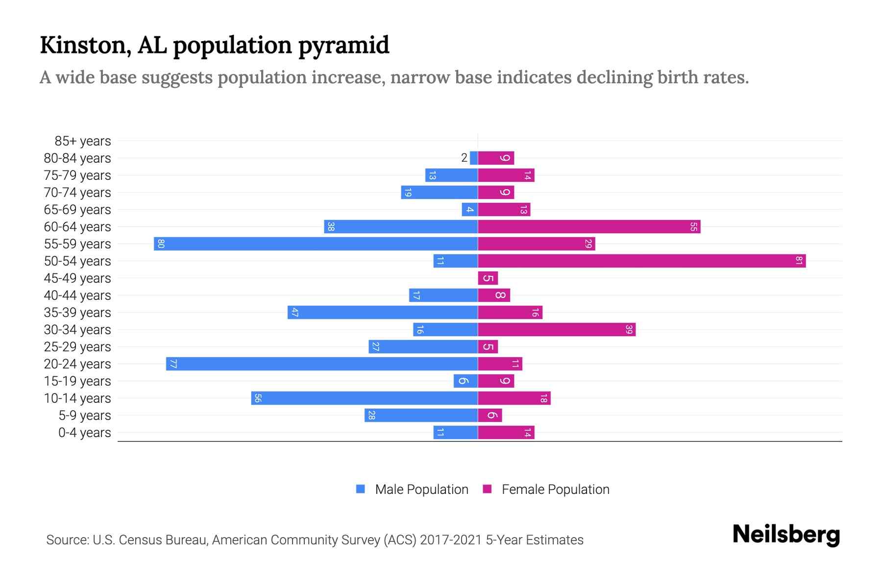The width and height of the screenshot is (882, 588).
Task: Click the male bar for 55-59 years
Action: pyautogui.click(x=316, y=244)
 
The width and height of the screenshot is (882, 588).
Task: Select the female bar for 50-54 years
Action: pyautogui.click(x=642, y=261)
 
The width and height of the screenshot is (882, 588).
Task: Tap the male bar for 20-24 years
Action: pyautogui.click(x=322, y=364)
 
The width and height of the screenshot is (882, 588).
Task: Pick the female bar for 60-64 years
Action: pyautogui.click(x=589, y=226)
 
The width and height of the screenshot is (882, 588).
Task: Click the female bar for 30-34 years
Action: pyautogui.click(x=557, y=329)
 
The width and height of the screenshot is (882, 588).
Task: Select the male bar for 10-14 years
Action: pyautogui.click(x=365, y=398)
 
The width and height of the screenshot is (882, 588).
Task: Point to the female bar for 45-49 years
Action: pyautogui.click(x=488, y=278)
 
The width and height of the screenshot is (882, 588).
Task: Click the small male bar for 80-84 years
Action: pyautogui.click(x=474, y=158)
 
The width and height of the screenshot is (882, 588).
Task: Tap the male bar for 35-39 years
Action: pyautogui.click(x=383, y=312)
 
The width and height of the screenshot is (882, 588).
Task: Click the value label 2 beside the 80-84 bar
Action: pyautogui.click(x=464, y=158)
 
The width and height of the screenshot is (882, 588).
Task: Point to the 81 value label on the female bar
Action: pyautogui.click(x=799, y=261)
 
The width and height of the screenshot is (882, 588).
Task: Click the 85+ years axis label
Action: pyautogui.click(x=82, y=141)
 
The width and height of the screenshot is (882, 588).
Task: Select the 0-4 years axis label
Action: pyautogui.click(x=84, y=433)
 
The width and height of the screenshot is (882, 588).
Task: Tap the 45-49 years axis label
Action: pyautogui.click(x=77, y=278)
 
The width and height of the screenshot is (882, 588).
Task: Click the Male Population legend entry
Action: pyautogui.click(x=412, y=489)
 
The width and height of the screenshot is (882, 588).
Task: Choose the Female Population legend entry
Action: pyautogui.click(x=546, y=489)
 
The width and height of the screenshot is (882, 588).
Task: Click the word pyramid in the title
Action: pyautogui.click(x=343, y=46)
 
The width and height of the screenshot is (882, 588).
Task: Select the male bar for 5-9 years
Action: pyautogui.click(x=421, y=415)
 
